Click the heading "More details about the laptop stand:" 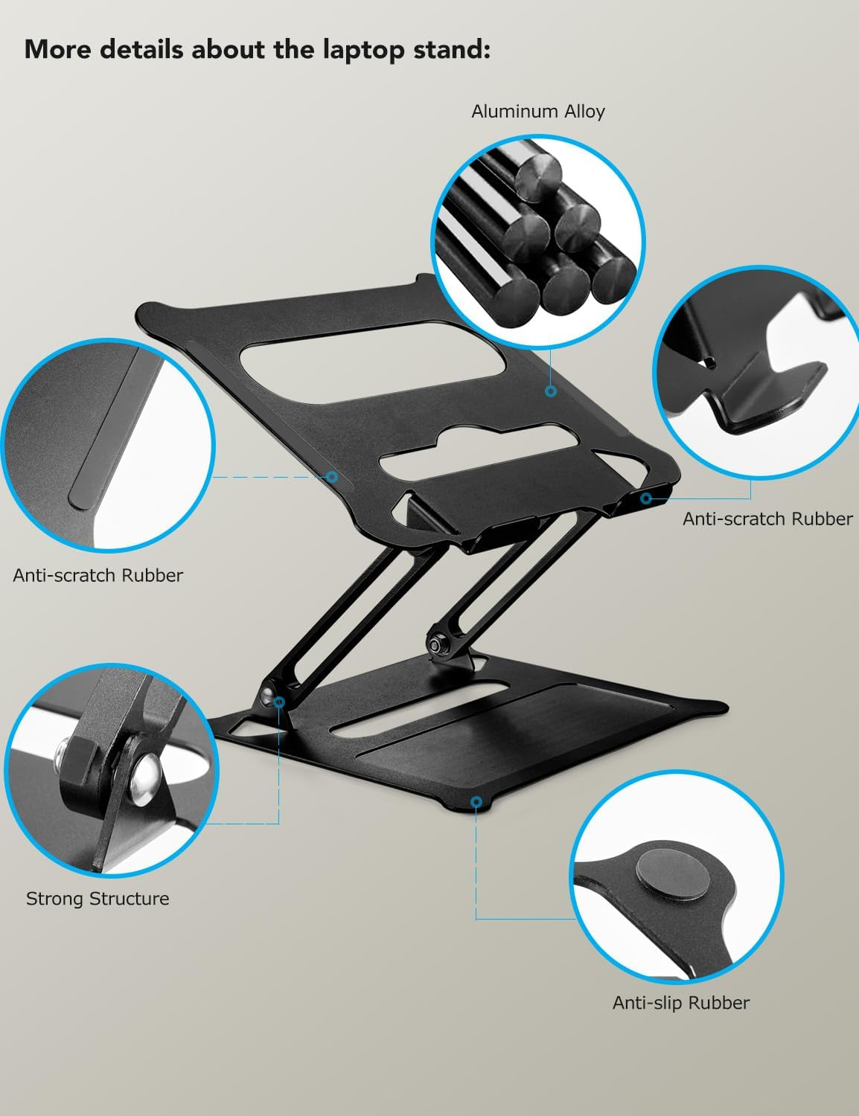click(x=258, y=49)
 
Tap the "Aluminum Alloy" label click(x=537, y=112)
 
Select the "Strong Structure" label click(x=98, y=899)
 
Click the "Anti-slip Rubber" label click(x=680, y=1003)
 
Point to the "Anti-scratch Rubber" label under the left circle click(x=98, y=575)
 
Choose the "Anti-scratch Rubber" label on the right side click(x=767, y=519)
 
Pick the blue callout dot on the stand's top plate click(x=551, y=391)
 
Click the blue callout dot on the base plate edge click(x=476, y=801)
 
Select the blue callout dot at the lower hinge click(x=279, y=701)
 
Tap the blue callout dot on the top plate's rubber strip click(x=332, y=477)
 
